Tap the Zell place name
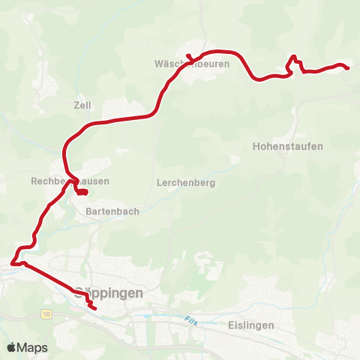(x=82, y=105)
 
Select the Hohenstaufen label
(x=289, y=146)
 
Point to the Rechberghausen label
(x=70, y=181)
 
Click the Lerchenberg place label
(x=187, y=182)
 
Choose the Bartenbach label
(x=108, y=211)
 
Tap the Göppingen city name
(x=109, y=293)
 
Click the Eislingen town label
(x=250, y=325)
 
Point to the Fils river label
(x=193, y=320)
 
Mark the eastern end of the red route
(x=348, y=68)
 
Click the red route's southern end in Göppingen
(x=95, y=307)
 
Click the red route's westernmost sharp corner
(x=13, y=262)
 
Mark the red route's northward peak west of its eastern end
(x=295, y=57)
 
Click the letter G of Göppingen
(x=80, y=293)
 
